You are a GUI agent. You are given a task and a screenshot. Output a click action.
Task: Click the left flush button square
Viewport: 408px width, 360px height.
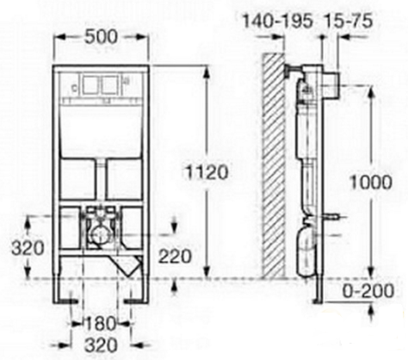pos(91,86)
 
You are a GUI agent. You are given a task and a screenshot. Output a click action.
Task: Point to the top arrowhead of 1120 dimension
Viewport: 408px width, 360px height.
pos(207,71)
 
